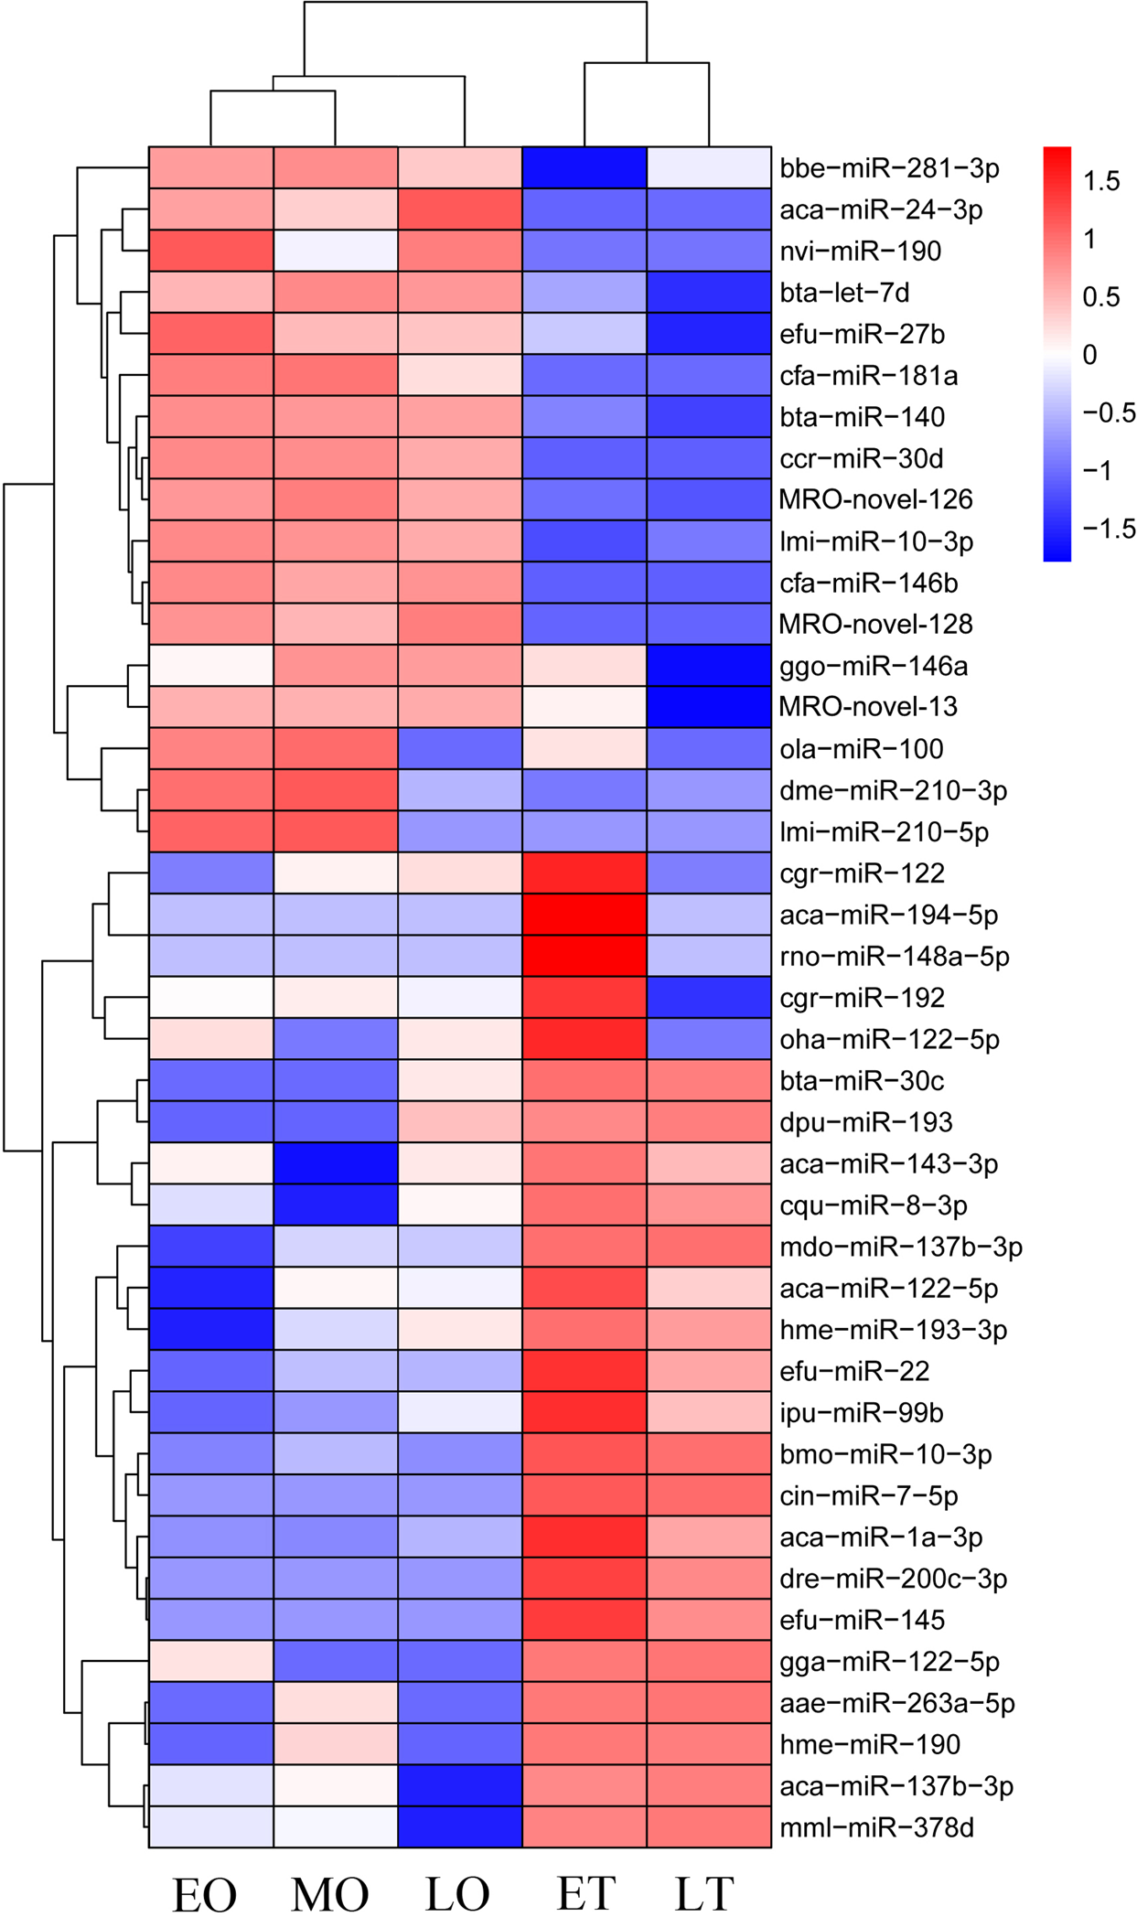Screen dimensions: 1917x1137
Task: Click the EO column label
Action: pos(205,1893)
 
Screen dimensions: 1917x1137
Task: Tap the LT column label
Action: pos(704,1893)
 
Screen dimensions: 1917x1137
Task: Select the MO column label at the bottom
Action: pos(330,1893)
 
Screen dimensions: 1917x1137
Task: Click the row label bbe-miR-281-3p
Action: pos(889,168)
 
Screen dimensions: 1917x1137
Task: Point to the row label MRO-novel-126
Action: pos(875,499)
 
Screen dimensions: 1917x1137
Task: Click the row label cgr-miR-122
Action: pos(862,873)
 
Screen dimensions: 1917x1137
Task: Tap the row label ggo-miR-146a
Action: pos(874,666)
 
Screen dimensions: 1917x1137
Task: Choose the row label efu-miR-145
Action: pos(862,1620)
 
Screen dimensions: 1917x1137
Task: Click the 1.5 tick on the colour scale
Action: pos(1101,181)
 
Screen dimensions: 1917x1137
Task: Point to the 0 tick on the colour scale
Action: pos(1089,355)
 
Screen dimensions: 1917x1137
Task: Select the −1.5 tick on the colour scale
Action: pos(1109,529)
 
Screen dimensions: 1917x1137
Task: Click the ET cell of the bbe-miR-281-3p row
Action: pos(585,167)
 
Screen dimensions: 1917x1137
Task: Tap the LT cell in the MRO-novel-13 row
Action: pos(709,707)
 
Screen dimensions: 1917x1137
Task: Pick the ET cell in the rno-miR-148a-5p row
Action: pos(585,956)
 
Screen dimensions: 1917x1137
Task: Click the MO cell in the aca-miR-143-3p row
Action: pos(336,1163)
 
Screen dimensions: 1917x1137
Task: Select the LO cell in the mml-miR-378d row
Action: pos(460,1827)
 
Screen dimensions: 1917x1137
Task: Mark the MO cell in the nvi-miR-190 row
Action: pos(336,251)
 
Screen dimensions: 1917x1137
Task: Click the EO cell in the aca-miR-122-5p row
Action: pos(211,1288)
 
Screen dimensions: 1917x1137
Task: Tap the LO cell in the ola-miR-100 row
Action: pos(460,749)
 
